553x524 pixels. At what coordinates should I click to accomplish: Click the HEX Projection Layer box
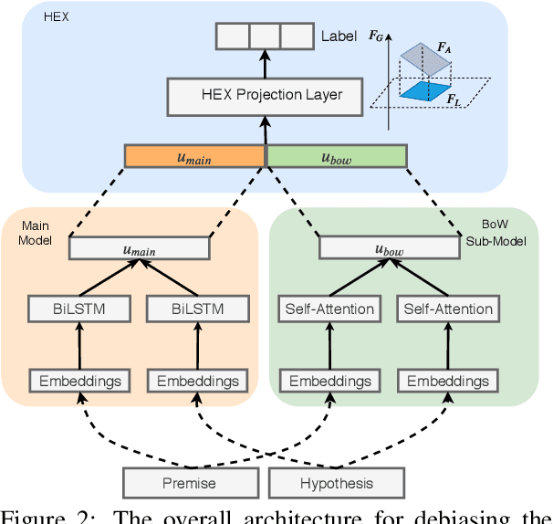(x=265, y=94)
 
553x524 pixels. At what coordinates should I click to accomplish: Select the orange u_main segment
(x=194, y=156)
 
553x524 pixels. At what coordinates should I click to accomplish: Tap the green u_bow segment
(x=337, y=156)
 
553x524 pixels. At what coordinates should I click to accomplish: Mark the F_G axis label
(x=375, y=37)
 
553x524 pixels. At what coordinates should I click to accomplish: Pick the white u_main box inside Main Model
(x=140, y=247)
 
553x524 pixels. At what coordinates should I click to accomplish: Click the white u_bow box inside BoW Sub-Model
(x=390, y=247)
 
